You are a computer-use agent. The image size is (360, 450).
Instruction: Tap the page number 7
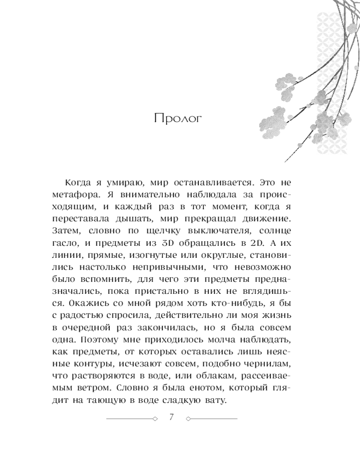171,417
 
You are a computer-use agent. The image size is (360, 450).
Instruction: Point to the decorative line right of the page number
212,418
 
